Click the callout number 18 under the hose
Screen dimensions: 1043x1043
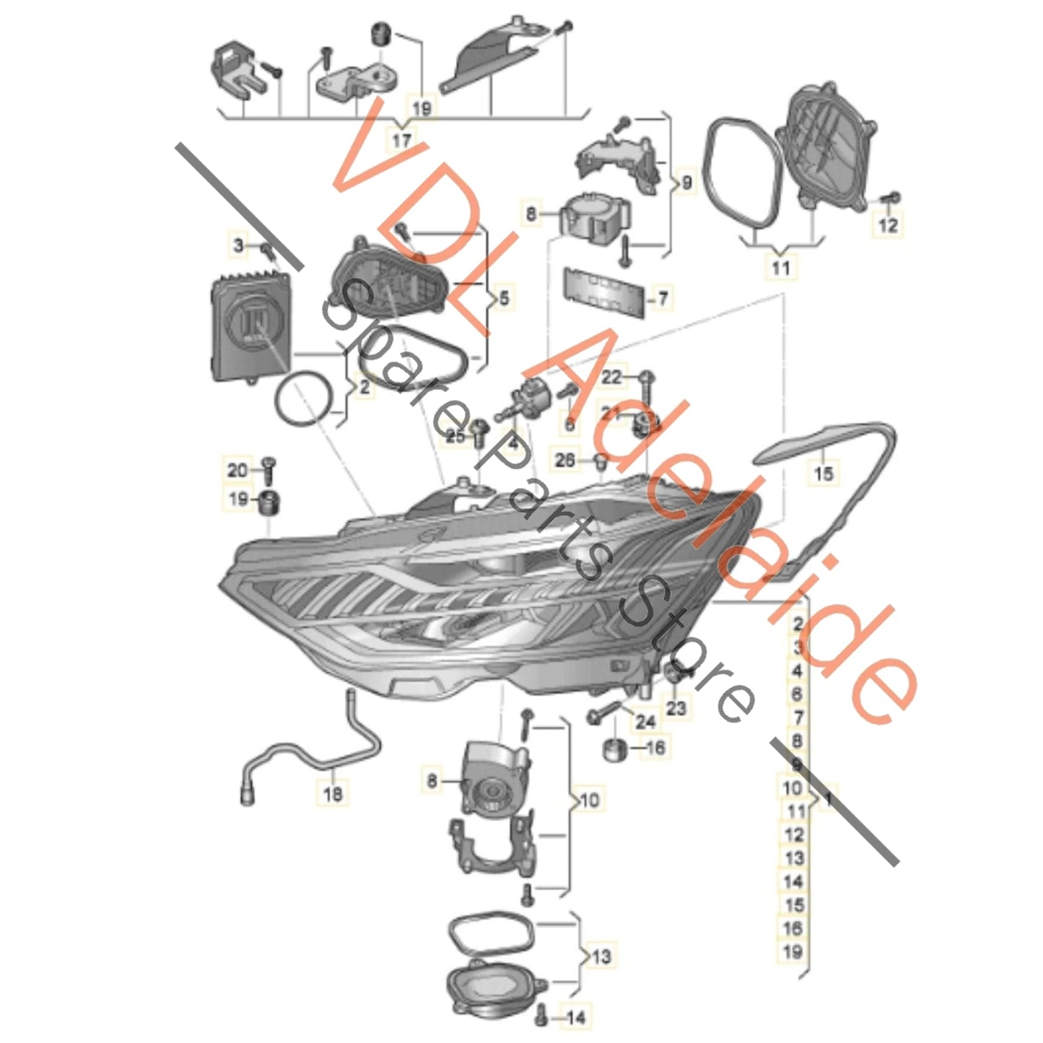333,794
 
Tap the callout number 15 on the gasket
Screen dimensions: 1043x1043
823,473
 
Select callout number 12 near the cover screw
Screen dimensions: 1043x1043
889,225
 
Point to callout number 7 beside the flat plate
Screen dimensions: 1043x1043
663,297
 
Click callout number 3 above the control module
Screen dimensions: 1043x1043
239,245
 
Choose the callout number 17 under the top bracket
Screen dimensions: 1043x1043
401,140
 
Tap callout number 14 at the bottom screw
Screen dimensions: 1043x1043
575,1018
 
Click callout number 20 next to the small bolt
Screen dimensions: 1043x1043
237,470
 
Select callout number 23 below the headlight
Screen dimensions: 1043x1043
676,708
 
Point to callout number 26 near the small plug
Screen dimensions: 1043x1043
566,458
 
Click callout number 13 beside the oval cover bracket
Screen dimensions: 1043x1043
601,957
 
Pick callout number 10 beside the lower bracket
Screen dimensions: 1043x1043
589,800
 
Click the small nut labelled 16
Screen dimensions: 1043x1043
613,749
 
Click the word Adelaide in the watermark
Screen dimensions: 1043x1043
722,520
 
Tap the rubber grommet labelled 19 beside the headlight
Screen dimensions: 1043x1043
269,501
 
